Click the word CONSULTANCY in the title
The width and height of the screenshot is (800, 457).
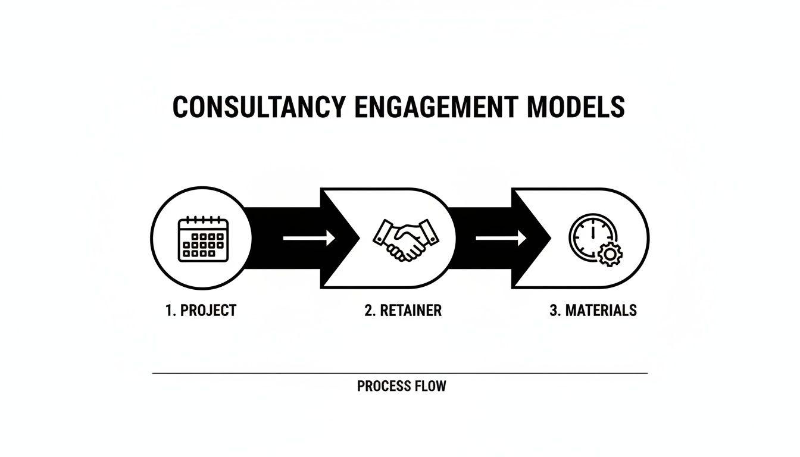[258, 107]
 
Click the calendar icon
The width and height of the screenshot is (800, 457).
[203, 239]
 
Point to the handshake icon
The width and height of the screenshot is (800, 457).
[405, 239]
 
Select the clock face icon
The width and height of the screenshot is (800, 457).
[589, 237]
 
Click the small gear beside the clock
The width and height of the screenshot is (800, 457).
[610, 255]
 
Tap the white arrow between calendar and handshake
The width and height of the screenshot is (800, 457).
[308, 239]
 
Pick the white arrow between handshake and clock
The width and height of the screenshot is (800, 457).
[501, 239]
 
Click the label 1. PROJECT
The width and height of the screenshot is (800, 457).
[201, 310]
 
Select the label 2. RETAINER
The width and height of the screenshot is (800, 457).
[403, 310]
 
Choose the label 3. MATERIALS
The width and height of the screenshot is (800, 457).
[593, 310]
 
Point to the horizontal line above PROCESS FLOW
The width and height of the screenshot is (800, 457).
[400, 373]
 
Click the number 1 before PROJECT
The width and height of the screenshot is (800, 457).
[168, 310]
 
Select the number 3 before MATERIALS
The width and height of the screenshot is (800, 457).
[553, 310]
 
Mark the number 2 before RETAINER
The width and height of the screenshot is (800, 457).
[368, 310]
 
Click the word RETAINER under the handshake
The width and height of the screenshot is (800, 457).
[411, 310]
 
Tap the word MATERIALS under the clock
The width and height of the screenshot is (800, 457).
[601, 310]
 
